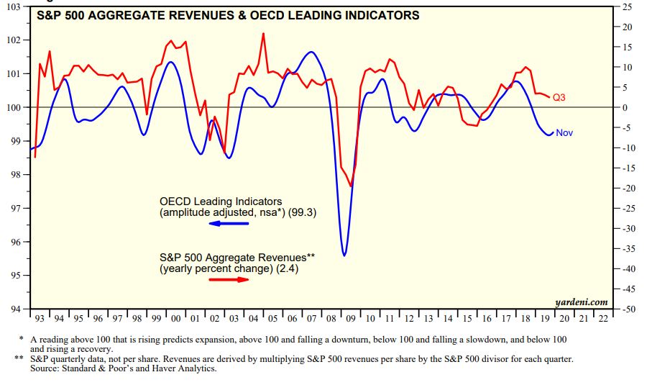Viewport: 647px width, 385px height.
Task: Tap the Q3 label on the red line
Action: (560, 97)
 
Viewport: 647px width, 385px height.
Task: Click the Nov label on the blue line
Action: (564, 132)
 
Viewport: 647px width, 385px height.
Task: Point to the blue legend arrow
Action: (229, 224)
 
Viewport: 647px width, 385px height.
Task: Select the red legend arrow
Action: (229, 279)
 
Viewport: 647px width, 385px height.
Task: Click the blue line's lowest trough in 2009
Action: (345, 255)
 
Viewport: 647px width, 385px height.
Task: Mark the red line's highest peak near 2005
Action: (263, 34)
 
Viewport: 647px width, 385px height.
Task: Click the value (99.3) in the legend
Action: (302, 212)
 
